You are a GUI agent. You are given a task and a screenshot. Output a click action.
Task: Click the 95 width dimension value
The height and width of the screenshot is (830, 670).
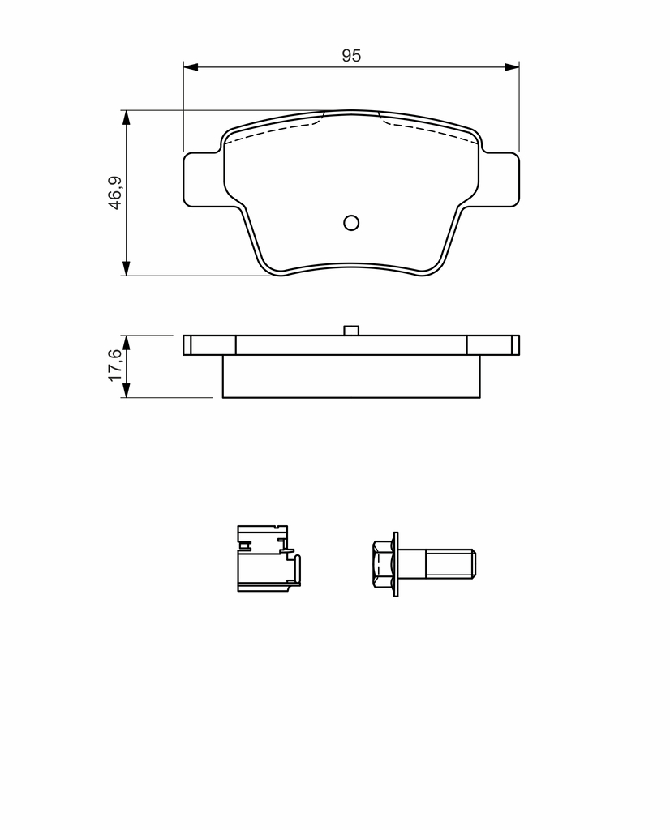(351, 55)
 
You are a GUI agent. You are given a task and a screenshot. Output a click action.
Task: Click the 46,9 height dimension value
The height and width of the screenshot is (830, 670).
(115, 193)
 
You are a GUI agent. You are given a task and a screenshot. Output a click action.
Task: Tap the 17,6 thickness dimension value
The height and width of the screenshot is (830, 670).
(115, 366)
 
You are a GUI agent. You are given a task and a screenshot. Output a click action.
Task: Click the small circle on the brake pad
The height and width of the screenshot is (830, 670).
(351, 223)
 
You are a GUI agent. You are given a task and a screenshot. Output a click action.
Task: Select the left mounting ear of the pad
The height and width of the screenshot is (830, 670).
(202, 179)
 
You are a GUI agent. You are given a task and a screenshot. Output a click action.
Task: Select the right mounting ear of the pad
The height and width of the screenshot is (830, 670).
(500, 179)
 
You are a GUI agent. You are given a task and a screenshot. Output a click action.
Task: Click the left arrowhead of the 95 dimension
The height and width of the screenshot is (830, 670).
(191, 67)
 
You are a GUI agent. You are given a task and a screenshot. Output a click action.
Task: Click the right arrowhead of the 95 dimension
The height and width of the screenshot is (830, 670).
(512, 67)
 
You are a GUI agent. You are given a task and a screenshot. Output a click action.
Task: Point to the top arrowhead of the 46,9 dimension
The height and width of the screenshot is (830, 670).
(126, 118)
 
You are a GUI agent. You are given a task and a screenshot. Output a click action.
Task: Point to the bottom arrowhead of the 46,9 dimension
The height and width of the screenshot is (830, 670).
(126, 268)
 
